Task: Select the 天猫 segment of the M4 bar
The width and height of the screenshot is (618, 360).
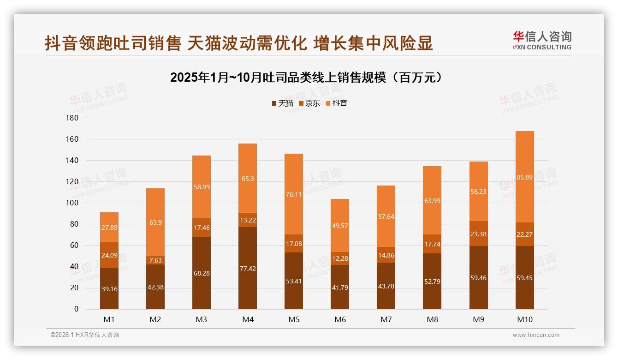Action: (x=248, y=268)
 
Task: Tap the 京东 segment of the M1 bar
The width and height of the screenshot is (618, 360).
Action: (x=109, y=254)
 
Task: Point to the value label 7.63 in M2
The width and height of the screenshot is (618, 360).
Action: (x=155, y=260)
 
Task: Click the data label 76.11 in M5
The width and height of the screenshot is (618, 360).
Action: (x=294, y=194)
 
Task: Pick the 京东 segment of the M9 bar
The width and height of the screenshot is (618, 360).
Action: (x=478, y=234)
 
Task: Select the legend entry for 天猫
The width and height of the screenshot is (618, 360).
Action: (x=282, y=103)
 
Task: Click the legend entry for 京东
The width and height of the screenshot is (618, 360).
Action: (x=309, y=103)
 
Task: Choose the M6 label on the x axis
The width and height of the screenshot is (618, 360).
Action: (x=340, y=319)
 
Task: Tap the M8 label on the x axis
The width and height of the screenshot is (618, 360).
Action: (x=432, y=319)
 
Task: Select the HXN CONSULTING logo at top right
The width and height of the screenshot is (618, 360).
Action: (x=542, y=40)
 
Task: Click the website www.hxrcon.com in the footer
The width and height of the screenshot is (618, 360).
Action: (x=536, y=335)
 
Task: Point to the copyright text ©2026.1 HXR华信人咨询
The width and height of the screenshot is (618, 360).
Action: (x=85, y=335)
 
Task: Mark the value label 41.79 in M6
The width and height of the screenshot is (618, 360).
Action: (x=340, y=287)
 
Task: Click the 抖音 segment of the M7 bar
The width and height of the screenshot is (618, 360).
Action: (x=386, y=216)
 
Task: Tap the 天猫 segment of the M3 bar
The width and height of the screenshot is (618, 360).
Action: (x=202, y=273)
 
